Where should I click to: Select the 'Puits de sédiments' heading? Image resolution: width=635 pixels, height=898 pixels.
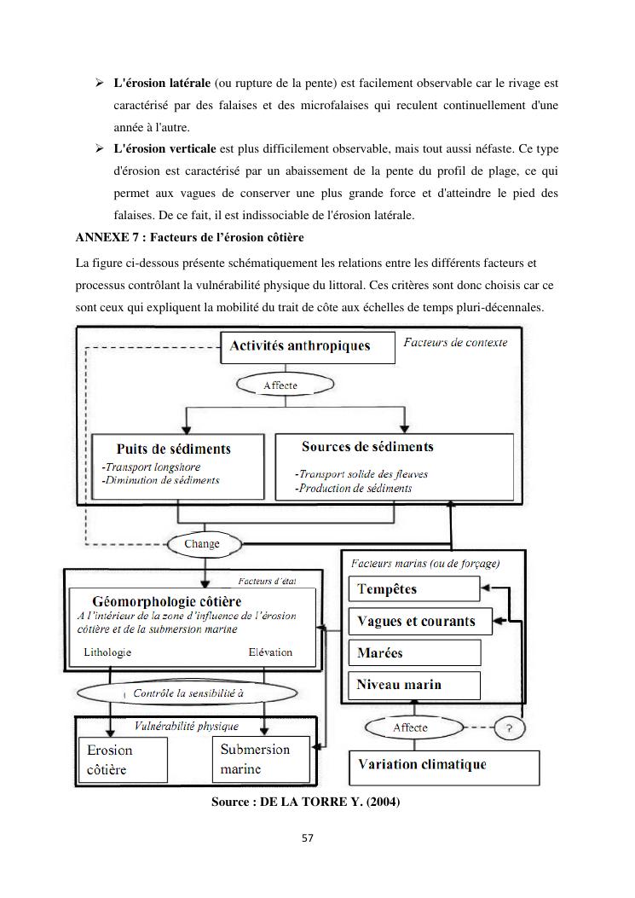coord(173,449)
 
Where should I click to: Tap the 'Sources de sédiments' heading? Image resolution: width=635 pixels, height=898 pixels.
coord(367,447)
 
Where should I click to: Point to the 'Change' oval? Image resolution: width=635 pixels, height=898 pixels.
coord(202,543)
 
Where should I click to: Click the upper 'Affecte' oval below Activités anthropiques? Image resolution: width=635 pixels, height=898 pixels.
coord(280,385)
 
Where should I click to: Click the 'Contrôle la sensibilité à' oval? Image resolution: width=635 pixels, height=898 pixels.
coord(188,693)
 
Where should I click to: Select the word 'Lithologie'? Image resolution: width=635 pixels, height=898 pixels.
coord(107,652)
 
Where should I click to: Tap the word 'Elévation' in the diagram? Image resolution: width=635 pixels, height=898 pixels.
coord(270,652)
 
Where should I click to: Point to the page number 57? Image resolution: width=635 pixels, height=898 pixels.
coord(309,837)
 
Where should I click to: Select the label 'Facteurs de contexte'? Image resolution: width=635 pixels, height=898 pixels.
coord(455,343)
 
